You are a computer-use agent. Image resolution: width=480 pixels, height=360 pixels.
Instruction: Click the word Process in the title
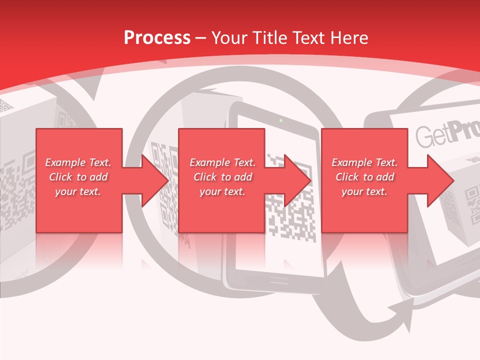pyautogui.click(x=157, y=37)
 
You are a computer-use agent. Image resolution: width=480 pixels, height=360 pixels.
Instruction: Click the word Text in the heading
pyautogui.click(x=308, y=37)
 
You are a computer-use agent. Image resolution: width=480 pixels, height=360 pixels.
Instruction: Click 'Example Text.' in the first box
pyautogui.click(x=78, y=162)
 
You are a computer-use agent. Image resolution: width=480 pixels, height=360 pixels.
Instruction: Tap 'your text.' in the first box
pyautogui.click(x=78, y=191)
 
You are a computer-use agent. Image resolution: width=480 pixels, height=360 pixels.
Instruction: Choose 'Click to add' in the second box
pyautogui.click(x=222, y=177)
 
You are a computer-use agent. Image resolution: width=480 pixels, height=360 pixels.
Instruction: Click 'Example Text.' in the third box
pyautogui.click(x=364, y=162)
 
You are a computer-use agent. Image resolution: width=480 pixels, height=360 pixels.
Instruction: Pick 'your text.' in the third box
pyautogui.click(x=364, y=191)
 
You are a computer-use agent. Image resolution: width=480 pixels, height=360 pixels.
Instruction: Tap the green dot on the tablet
pyautogui.click(x=281, y=120)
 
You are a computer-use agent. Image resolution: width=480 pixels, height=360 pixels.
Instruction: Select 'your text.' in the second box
pyautogui.click(x=222, y=191)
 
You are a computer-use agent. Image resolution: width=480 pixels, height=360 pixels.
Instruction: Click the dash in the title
pyautogui.click(x=201, y=38)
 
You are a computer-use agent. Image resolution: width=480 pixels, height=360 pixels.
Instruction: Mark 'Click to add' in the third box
pyautogui.click(x=364, y=177)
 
